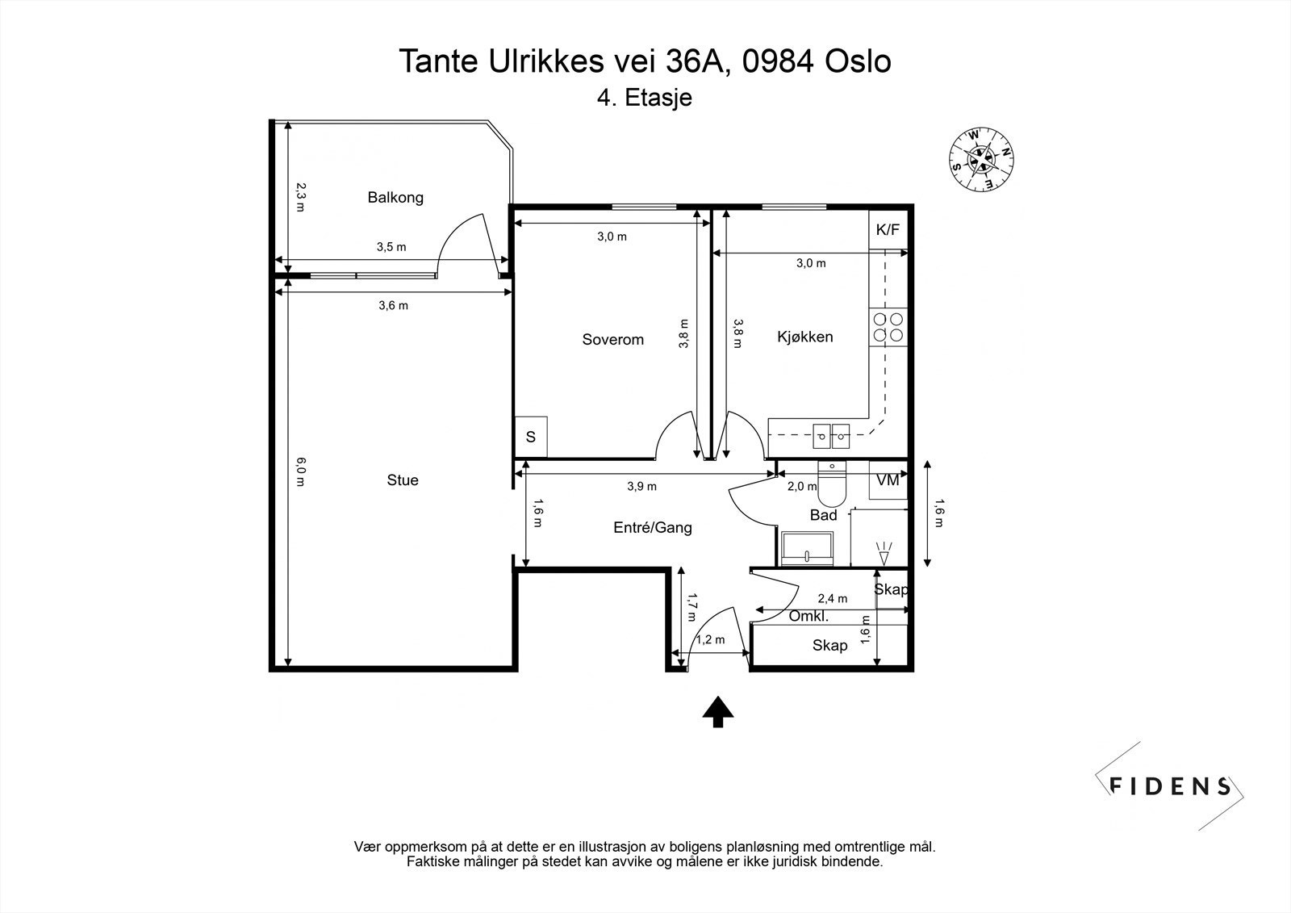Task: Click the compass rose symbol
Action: (x=981, y=160)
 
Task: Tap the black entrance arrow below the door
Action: (x=717, y=712)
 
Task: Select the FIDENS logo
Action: (x=1169, y=786)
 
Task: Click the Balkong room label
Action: (x=395, y=197)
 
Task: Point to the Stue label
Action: (x=403, y=480)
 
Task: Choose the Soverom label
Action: (x=612, y=339)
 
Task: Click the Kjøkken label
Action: (x=805, y=337)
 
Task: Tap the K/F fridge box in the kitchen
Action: (x=888, y=229)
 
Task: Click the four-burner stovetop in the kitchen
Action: (x=888, y=327)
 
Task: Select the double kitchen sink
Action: (x=831, y=436)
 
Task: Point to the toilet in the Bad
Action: (x=832, y=484)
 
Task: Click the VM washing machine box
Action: (x=888, y=480)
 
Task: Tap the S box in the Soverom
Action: (x=531, y=438)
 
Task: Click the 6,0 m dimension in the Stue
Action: (x=300, y=471)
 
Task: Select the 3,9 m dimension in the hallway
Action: (x=642, y=486)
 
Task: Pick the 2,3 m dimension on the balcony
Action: (x=300, y=197)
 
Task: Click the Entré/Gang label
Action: (x=653, y=527)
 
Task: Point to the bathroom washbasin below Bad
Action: (x=807, y=548)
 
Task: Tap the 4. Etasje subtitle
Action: (x=645, y=97)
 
